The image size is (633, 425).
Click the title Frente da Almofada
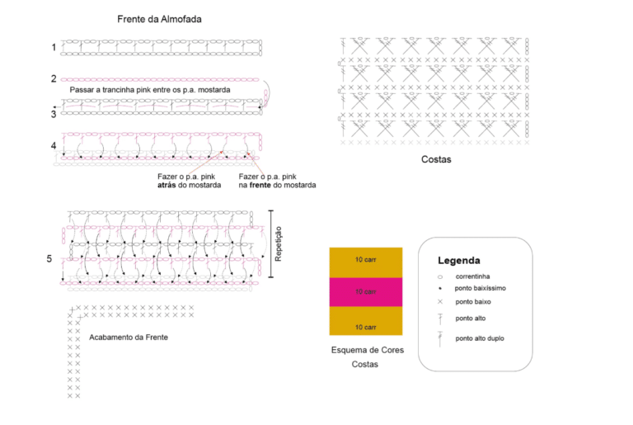pos(159,19)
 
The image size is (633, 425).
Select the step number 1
pos(54,47)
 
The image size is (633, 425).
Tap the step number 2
pos(54,78)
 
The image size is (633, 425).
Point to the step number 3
pos(54,115)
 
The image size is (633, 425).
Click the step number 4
pos(54,145)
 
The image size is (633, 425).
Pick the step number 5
pos(49,259)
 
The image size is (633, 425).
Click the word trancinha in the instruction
pos(119,90)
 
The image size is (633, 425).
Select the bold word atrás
pos(166,185)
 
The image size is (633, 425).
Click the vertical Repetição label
pos(278,243)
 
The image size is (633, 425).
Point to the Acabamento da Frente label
pos(129,338)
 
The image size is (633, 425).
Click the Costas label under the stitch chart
pos(436,159)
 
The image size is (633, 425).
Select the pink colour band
pos(366,292)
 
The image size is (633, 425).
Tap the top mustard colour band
pos(366,262)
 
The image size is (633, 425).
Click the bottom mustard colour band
pos(366,321)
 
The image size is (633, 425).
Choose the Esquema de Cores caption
pos(368,350)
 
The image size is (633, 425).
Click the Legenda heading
pos(459,261)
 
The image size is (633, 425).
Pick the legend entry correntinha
pos(473,276)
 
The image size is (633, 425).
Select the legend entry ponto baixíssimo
pos(480,288)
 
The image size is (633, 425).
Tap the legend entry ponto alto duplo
pos(480,338)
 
